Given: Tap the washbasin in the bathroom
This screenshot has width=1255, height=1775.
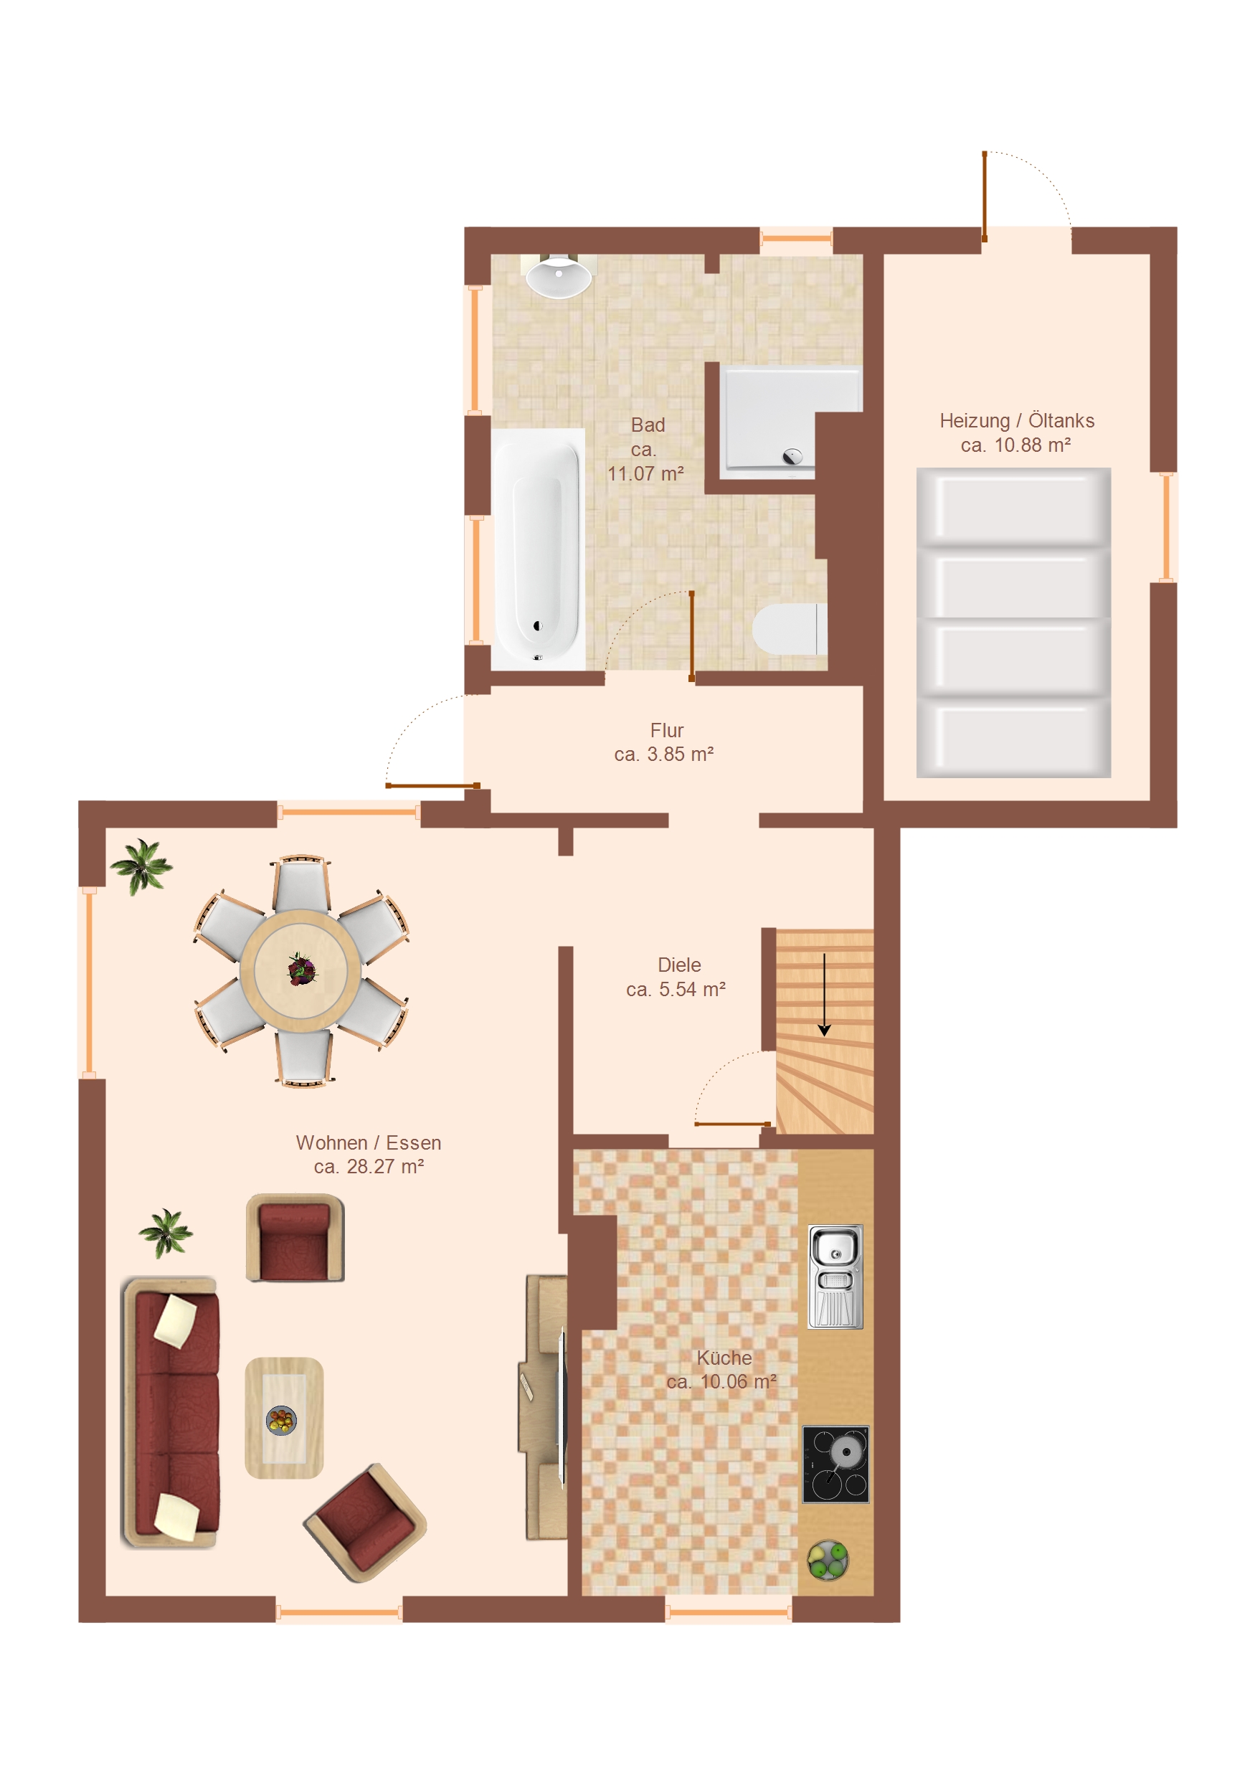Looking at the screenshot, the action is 558,277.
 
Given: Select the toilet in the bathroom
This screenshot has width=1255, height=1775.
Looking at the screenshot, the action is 790,629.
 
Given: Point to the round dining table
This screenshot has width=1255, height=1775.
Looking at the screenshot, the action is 300,971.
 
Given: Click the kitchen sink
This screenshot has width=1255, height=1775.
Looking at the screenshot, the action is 835,1277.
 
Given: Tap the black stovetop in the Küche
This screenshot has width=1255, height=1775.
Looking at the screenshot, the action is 835,1464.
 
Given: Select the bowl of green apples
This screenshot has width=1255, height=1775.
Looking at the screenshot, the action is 828,1560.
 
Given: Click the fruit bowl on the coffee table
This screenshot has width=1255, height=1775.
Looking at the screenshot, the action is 281,1420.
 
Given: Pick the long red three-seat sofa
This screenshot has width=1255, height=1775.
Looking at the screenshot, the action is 171,1411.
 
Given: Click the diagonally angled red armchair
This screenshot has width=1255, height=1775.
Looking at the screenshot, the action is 365,1523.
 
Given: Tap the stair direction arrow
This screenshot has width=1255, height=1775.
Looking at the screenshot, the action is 824,995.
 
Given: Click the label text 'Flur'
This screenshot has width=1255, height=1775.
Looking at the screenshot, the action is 666,731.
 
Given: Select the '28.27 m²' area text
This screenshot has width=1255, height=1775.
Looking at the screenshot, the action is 385,1167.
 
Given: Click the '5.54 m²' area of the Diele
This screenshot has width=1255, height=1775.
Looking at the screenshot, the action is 692,990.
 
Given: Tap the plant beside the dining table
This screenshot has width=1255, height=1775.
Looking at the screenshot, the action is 141,866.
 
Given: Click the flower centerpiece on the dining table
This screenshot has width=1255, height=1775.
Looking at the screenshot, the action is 302,970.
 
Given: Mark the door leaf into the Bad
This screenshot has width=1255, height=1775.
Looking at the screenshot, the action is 691,636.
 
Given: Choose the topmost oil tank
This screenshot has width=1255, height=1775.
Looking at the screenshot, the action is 1014,508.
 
